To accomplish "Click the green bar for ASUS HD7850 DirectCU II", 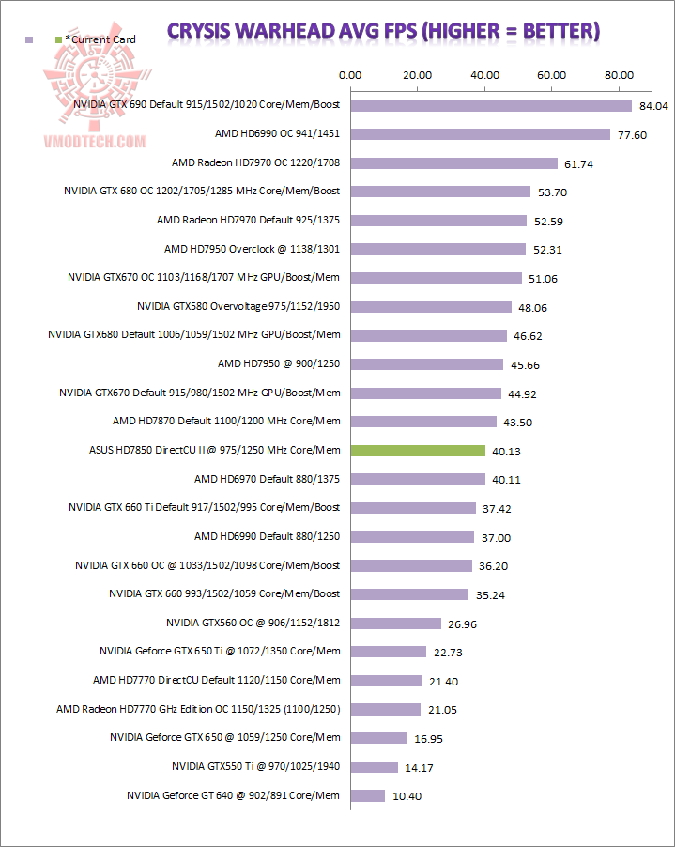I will (418, 451).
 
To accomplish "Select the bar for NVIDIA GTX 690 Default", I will (491, 105).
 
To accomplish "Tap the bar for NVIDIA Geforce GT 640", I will (367, 795).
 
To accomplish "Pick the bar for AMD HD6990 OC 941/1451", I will (480, 134).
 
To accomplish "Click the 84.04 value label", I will (653, 106).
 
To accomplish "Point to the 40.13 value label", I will (506, 452).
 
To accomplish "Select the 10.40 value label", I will (407, 796).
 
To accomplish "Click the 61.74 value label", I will (580, 163).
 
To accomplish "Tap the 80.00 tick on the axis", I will (620, 75).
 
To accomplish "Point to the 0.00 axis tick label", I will (349, 75).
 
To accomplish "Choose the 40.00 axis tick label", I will (484, 75).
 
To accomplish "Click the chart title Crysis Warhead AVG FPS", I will (383, 31).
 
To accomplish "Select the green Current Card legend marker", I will (59, 39).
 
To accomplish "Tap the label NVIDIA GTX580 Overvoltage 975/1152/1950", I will (238, 306).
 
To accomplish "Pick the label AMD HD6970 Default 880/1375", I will (268, 479).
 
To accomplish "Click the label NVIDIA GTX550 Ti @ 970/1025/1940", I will (256, 766).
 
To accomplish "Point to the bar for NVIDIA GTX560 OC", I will (395, 623).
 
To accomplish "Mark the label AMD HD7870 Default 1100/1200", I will (226, 422).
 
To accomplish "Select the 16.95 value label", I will (428, 739).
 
